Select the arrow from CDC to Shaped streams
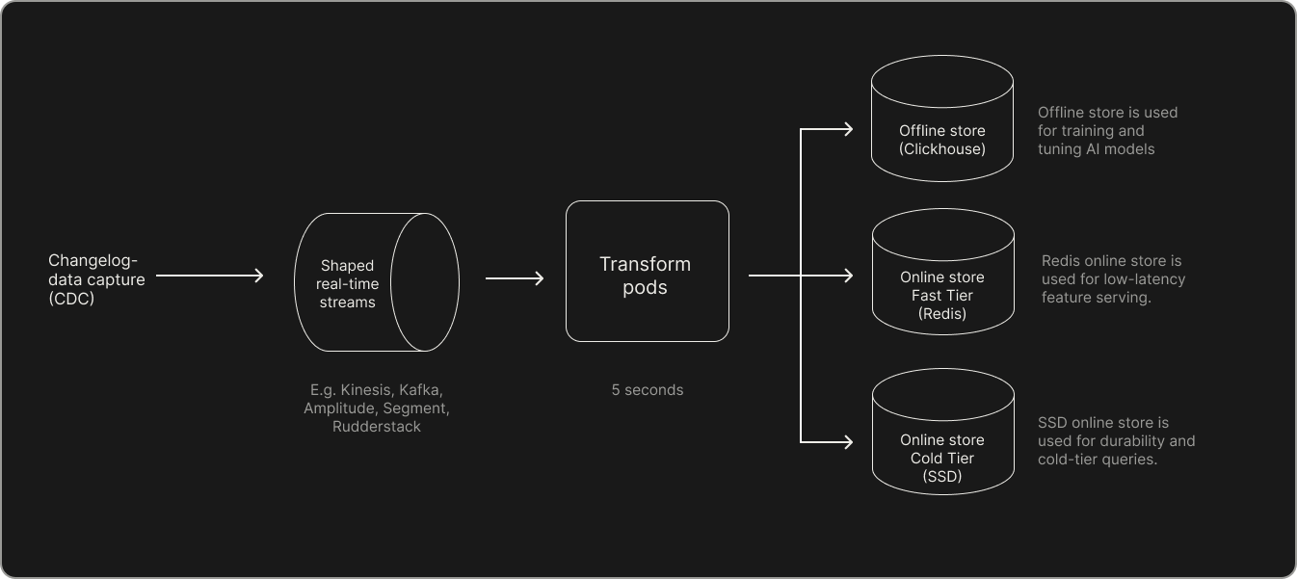click(209, 276)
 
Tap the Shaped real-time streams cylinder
click(375, 282)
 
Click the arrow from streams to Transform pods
click(515, 278)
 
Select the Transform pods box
click(647, 271)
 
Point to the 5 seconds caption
click(647, 390)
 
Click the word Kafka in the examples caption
click(420, 390)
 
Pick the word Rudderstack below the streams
click(376, 426)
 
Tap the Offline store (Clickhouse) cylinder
click(941, 120)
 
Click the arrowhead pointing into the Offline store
click(846, 129)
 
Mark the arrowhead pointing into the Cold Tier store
click(846, 442)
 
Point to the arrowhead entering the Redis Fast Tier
click(846, 276)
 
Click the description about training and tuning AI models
click(1107, 131)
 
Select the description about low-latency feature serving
click(1113, 279)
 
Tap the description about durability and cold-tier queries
click(1116, 441)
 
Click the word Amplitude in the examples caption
click(336, 408)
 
